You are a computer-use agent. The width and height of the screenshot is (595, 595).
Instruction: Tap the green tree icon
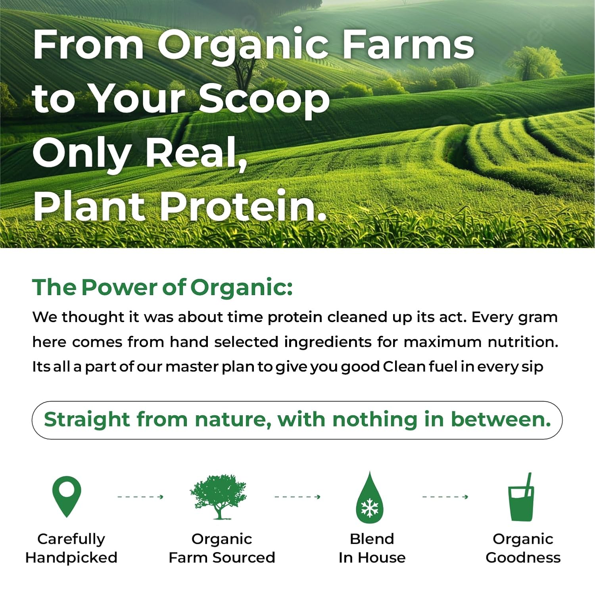(x=218, y=497)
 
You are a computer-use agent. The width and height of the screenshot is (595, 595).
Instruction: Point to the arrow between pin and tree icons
(x=140, y=497)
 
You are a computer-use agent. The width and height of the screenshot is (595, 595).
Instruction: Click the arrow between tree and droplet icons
(x=297, y=497)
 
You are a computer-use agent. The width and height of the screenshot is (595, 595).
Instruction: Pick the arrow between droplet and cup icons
(x=445, y=497)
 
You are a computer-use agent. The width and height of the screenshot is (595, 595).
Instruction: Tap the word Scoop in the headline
(x=264, y=99)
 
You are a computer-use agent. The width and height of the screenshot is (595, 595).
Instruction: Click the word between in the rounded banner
(x=501, y=420)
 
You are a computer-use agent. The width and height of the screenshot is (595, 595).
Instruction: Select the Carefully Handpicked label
(x=71, y=548)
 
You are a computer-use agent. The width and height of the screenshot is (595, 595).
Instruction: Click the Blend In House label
(x=372, y=548)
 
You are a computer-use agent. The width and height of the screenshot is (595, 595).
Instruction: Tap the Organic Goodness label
(x=523, y=548)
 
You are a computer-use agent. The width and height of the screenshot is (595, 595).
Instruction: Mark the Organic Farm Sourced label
(x=222, y=548)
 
